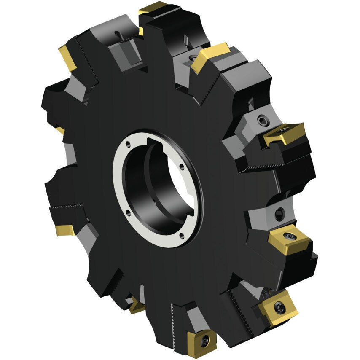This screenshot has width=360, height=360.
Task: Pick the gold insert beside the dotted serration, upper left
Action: pos(67,57)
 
